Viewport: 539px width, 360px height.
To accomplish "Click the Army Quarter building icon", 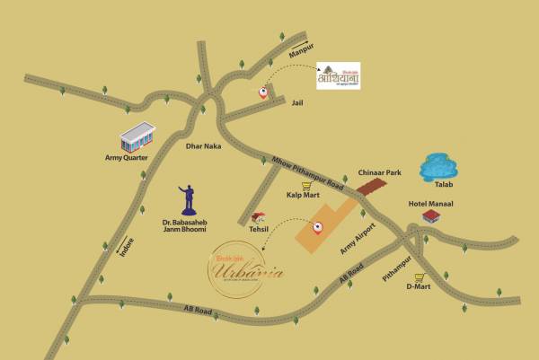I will tap(137, 137).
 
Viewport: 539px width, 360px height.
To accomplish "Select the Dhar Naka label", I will tap(202, 145).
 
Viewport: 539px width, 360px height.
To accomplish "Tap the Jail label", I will tap(298, 103).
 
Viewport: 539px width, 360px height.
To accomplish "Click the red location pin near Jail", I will tap(263, 91).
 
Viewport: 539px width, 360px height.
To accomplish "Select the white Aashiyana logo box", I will tap(339, 75).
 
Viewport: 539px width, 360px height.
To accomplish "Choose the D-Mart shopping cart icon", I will tap(419, 277).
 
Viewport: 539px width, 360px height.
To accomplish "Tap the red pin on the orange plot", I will tap(316, 227).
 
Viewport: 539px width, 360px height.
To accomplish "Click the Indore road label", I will tap(127, 245).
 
